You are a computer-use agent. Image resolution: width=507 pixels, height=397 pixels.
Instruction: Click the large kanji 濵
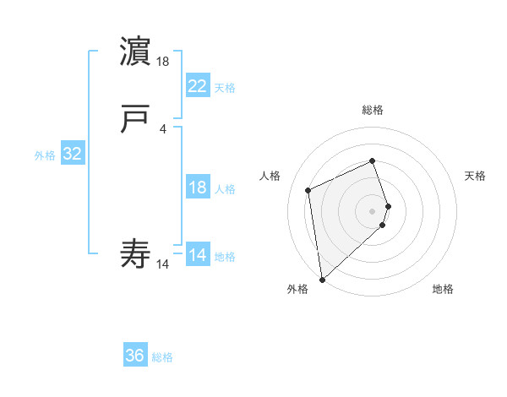pyautogui.click(x=135, y=52)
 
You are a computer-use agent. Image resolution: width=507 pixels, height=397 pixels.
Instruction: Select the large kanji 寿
pyautogui.click(x=135, y=253)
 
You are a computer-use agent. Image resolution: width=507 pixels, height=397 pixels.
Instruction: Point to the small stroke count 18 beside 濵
pyautogui.click(x=164, y=62)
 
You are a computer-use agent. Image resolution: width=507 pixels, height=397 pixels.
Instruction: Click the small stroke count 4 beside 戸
pyautogui.click(x=162, y=129)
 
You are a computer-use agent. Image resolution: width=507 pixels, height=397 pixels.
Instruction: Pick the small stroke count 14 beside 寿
pyautogui.click(x=163, y=264)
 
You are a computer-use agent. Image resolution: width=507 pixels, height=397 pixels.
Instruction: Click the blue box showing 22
pyautogui.click(x=198, y=85)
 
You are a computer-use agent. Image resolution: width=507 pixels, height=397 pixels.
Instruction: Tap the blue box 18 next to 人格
pyautogui.click(x=198, y=188)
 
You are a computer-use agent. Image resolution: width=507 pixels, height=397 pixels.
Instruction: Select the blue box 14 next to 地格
pyautogui.click(x=198, y=255)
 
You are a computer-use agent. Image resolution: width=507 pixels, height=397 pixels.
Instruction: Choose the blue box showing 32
pyautogui.click(x=73, y=154)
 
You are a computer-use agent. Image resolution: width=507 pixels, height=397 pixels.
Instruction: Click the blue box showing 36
pyautogui.click(x=135, y=356)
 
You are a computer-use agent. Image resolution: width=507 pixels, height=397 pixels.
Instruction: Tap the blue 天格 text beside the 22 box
pyautogui.click(x=225, y=88)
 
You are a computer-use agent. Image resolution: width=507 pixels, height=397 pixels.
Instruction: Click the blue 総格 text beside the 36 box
pyautogui.click(x=163, y=357)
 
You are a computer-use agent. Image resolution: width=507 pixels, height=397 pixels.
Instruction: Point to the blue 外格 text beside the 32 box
pyautogui.click(x=45, y=155)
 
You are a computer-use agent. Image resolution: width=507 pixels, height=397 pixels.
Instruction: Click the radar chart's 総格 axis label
pyautogui.click(x=372, y=110)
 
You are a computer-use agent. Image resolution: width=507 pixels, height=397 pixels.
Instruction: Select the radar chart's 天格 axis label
pyautogui.click(x=476, y=176)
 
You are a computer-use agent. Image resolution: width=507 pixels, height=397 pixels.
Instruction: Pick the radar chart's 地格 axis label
pyautogui.click(x=443, y=289)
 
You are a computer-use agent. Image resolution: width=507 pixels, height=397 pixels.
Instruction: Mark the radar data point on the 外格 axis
pyautogui.click(x=322, y=278)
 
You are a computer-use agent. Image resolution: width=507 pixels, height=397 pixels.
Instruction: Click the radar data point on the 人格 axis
pyautogui.click(x=308, y=189)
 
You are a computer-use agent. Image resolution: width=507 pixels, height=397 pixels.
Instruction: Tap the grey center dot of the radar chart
pyautogui.click(x=373, y=210)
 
